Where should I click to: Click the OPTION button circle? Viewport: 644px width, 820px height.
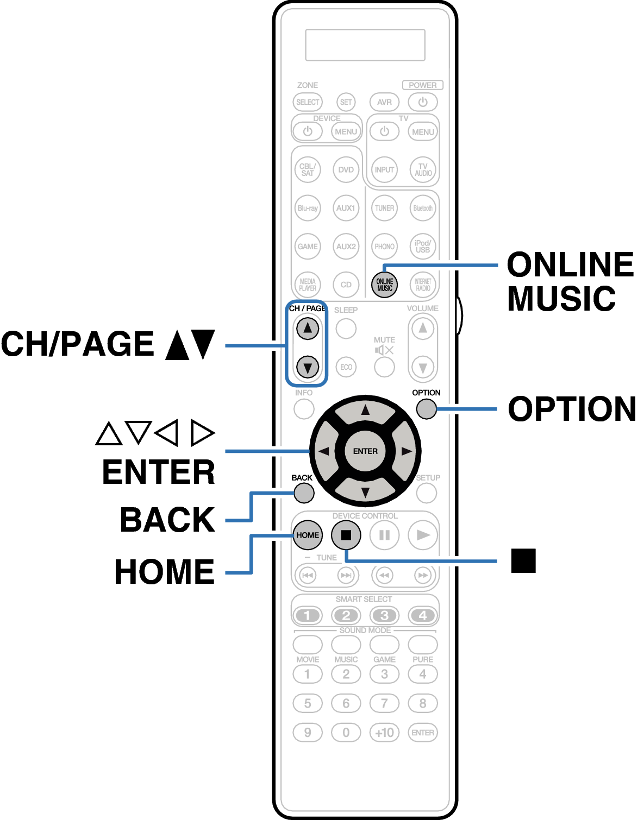point(427,409)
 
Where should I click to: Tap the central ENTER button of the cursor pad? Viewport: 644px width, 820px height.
point(365,451)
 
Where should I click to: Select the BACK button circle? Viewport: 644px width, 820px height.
point(304,493)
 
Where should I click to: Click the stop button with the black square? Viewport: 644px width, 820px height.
point(346,535)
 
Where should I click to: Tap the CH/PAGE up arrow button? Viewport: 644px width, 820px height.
point(308,328)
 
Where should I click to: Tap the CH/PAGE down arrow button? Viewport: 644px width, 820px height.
point(308,367)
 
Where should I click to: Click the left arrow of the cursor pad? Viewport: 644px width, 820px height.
point(324,451)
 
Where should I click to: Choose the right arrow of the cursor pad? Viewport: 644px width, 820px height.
point(406,451)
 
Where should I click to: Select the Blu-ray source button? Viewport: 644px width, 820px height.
point(308,208)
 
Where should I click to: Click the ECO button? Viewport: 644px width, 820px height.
point(346,367)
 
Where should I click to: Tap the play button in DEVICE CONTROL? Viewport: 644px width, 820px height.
point(423,535)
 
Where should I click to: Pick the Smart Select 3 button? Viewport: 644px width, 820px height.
point(384,615)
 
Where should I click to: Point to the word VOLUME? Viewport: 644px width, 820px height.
point(423,308)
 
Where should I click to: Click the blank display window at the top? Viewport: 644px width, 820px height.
point(365,45)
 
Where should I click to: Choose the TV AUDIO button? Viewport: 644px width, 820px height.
point(423,169)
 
